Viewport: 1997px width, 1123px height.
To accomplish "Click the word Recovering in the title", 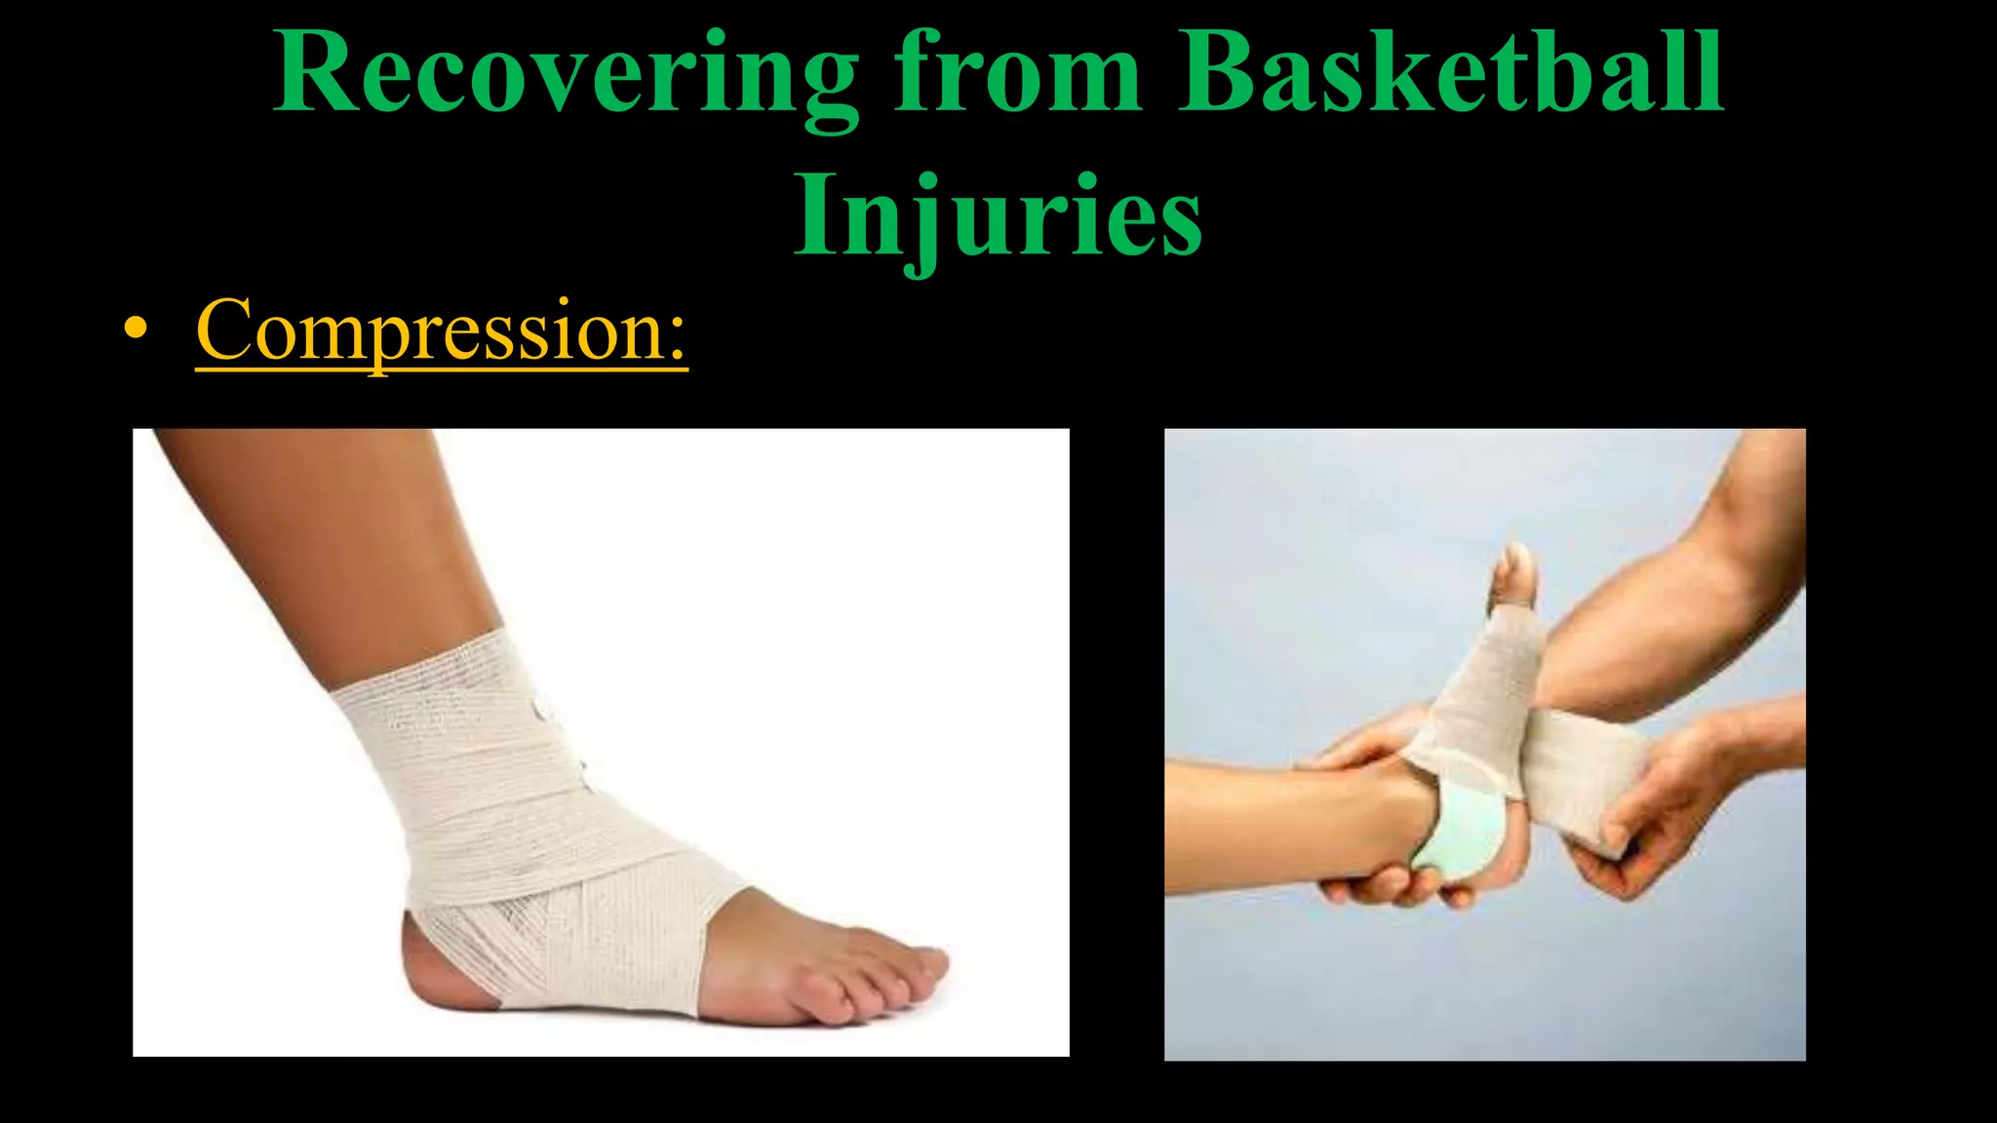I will [565, 74].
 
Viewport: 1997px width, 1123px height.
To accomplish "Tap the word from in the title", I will [1018, 72].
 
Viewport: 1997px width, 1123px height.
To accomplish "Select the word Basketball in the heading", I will [1451, 72].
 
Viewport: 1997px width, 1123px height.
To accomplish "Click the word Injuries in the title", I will [998, 214].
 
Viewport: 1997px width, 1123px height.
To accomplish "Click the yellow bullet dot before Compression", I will [137, 331].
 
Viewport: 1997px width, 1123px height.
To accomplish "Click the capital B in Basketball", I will [1219, 72].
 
